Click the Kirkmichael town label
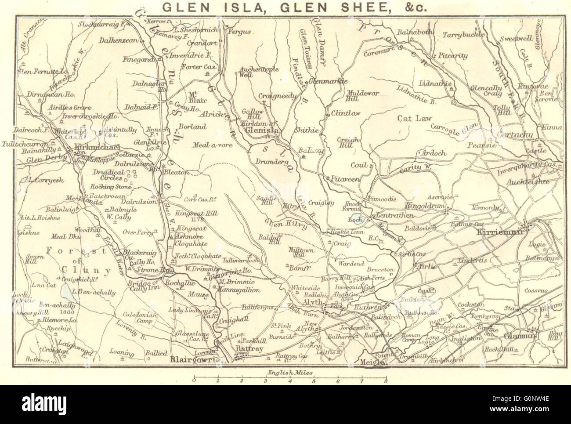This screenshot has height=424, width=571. [97, 148]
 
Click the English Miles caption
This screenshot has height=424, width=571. [290, 372]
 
